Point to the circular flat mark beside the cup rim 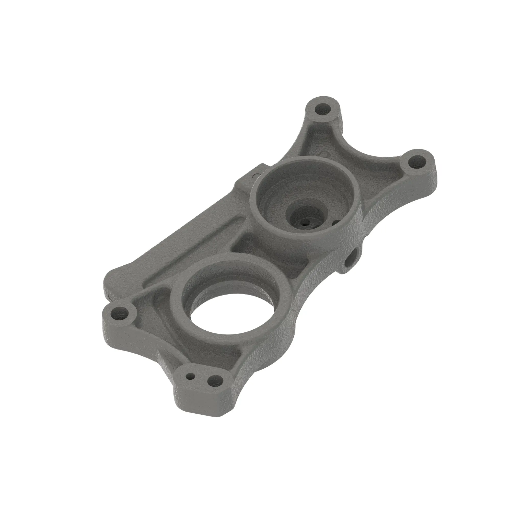coord(254,175)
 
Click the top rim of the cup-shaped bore coord(304,161)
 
